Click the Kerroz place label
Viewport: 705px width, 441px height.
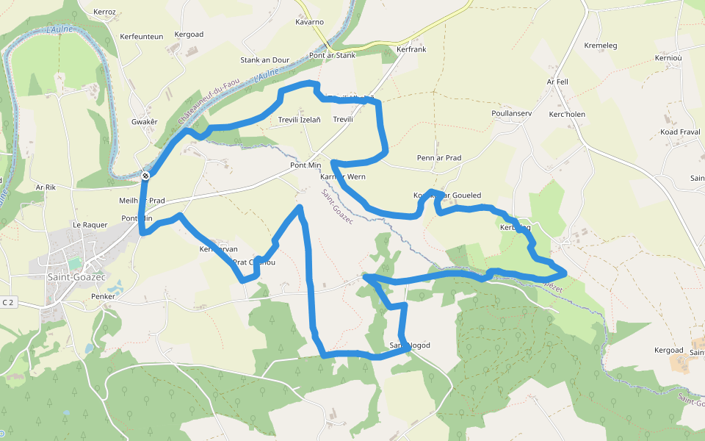pos(105,12)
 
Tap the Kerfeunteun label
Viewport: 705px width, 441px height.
pos(142,37)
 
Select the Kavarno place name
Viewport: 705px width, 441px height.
pos(309,22)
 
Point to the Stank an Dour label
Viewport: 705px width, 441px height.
pos(265,60)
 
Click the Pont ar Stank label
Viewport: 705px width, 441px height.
pos(333,55)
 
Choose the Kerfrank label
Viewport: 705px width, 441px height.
pos(411,49)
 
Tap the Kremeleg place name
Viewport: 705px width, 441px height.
pos(601,46)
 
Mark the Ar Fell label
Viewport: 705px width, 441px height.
pos(558,82)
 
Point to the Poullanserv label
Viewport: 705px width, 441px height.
pos(511,114)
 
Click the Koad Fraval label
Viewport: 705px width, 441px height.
pos(680,132)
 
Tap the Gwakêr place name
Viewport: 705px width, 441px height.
pos(145,121)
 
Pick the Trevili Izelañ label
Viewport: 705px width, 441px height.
pos(300,119)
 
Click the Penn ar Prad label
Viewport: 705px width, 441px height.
pos(439,158)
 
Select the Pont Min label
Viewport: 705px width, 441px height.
pos(305,165)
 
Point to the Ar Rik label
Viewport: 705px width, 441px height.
pos(46,187)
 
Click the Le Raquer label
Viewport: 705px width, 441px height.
pos(90,225)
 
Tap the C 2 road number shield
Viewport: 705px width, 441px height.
pos(9,302)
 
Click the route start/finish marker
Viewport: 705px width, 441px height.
pos(146,175)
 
